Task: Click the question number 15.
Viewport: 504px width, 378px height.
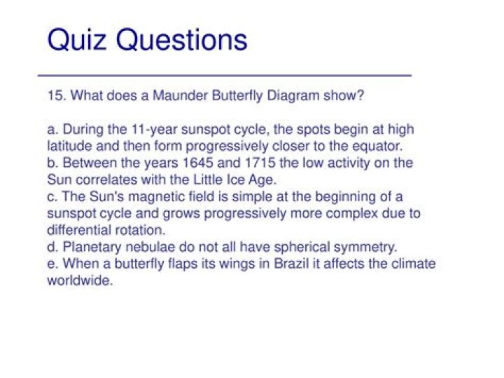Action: coord(55,95)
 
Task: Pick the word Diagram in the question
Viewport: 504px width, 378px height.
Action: coord(295,95)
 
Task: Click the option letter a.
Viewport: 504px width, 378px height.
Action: coord(51,130)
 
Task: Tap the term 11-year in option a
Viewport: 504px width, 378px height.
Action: coord(151,130)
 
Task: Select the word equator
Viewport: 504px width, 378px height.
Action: coord(380,146)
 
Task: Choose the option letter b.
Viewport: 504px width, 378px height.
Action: coord(51,163)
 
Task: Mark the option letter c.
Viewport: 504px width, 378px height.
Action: coord(51,196)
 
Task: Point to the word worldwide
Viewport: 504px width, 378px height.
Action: coord(79,281)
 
